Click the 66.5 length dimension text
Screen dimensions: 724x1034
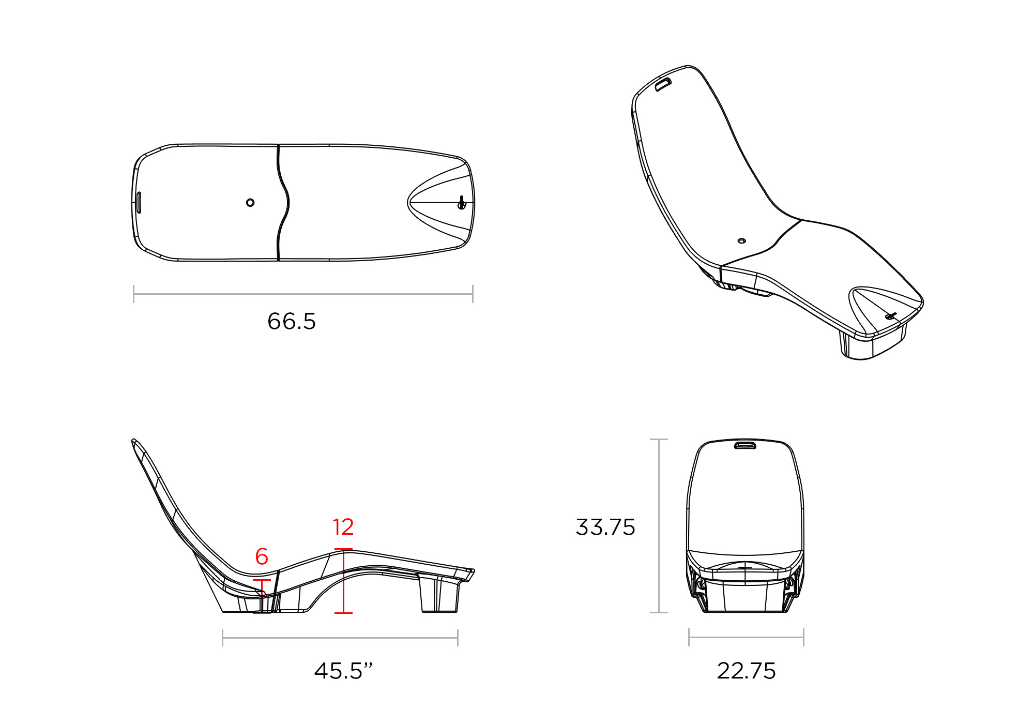pyautogui.click(x=292, y=321)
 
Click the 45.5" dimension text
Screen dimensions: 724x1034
pyautogui.click(x=343, y=671)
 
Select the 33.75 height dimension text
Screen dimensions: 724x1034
pyautogui.click(x=605, y=527)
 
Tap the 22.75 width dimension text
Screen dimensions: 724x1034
pyautogui.click(x=746, y=671)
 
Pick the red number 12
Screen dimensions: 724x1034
pyautogui.click(x=343, y=527)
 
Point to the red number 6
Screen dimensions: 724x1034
pyautogui.click(x=262, y=556)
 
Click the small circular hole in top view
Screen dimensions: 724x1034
pyautogui.click(x=250, y=202)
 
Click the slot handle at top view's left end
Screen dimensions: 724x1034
pyautogui.click(x=139, y=202)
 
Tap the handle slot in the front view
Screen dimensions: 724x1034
pyautogui.click(x=745, y=445)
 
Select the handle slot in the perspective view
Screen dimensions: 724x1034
pyautogui.click(x=663, y=84)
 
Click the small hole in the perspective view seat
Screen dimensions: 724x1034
pyautogui.click(x=741, y=240)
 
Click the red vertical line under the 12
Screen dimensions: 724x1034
pyautogui.click(x=343, y=582)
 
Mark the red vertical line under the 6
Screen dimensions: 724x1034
pyautogui.click(x=262, y=596)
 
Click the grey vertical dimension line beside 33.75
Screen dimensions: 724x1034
pyautogui.click(x=659, y=526)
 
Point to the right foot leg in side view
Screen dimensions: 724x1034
pyautogui.click(x=439, y=595)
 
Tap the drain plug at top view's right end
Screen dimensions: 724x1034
pyautogui.click(x=462, y=203)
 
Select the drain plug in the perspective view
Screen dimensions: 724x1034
pyautogui.click(x=890, y=316)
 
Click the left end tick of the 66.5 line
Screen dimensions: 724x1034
pyautogui.click(x=134, y=294)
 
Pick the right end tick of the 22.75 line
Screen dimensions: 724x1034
pyautogui.click(x=803, y=637)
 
